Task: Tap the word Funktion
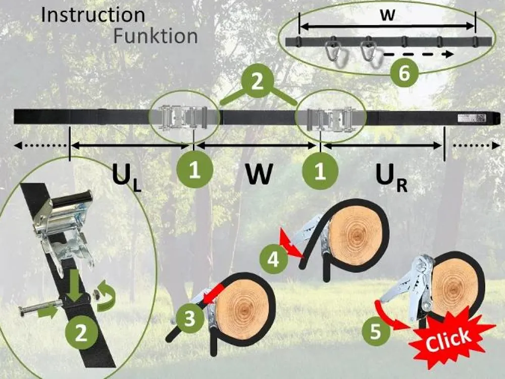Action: [x=155, y=36]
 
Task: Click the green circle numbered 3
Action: [x=189, y=319]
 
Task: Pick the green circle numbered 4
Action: [x=273, y=259]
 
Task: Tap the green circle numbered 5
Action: [x=376, y=332]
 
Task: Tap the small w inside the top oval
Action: [x=387, y=15]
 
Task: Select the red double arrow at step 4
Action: [x=291, y=244]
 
